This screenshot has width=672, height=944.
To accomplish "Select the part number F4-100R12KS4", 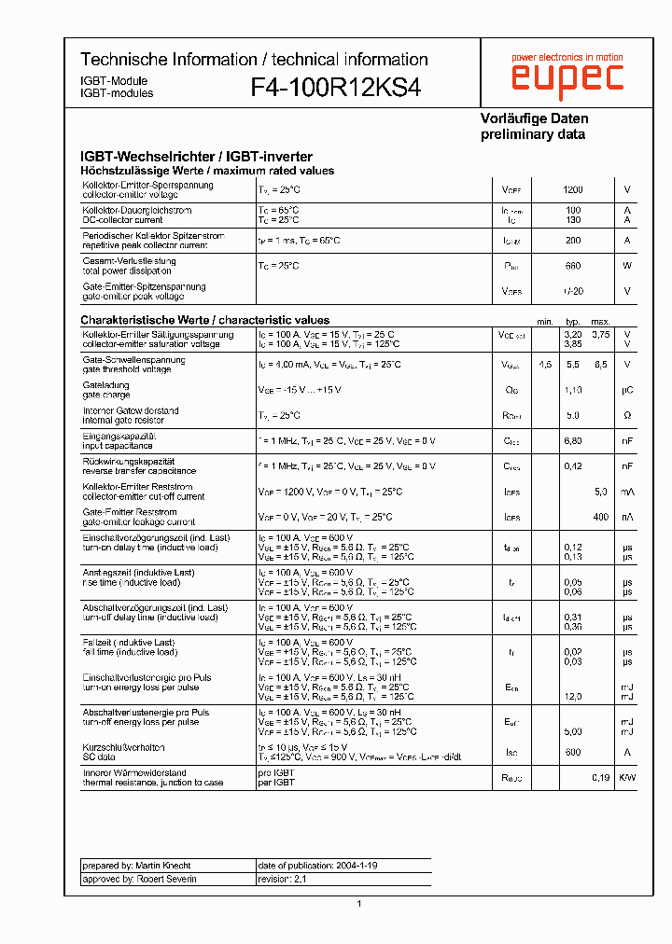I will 335,88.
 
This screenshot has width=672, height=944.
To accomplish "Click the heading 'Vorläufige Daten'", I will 534,118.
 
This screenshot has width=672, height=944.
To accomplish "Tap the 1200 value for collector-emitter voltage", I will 572,189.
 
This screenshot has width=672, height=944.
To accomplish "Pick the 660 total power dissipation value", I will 572,266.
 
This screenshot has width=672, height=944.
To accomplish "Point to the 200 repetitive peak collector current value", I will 572,241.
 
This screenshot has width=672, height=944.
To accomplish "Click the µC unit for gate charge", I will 627,390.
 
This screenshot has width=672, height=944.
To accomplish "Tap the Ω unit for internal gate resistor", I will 627,415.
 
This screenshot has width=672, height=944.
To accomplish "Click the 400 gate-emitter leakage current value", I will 600,517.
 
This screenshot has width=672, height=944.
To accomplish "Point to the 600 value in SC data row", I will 572,753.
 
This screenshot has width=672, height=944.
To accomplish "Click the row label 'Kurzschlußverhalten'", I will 123,747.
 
